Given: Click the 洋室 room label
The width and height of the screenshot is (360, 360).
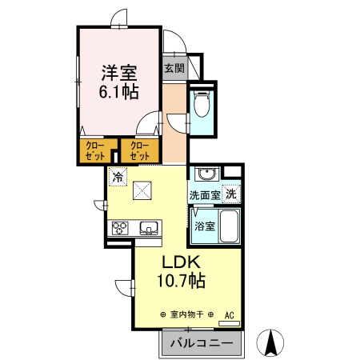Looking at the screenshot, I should click(x=118, y=72).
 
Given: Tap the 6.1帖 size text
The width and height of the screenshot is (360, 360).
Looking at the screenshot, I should click(x=118, y=91).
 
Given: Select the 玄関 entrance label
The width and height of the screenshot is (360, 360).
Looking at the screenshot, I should click(x=174, y=68).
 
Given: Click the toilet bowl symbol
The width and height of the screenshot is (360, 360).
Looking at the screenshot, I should click(x=202, y=104).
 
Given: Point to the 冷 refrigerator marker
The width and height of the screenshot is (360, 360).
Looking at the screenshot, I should click(x=118, y=177).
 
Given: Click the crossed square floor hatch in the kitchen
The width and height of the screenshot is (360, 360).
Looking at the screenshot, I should click(x=143, y=190).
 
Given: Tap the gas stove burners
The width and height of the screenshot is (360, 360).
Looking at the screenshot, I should click(x=120, y=229).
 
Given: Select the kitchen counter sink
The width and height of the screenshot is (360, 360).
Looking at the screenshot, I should click(x=149, y=229).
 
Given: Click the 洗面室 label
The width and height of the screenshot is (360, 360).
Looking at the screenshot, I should click(x=205, y=194).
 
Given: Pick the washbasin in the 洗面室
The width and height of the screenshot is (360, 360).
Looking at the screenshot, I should click(x=206, y=174).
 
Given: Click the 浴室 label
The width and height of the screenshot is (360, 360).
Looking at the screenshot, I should click(x=204, y=226).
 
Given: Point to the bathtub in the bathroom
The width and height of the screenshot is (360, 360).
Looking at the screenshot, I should click(x=229, y=227).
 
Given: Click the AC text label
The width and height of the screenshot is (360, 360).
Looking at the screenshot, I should click(x=229, y=314).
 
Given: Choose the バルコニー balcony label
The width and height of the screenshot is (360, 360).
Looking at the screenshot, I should click(x=200, y=343).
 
